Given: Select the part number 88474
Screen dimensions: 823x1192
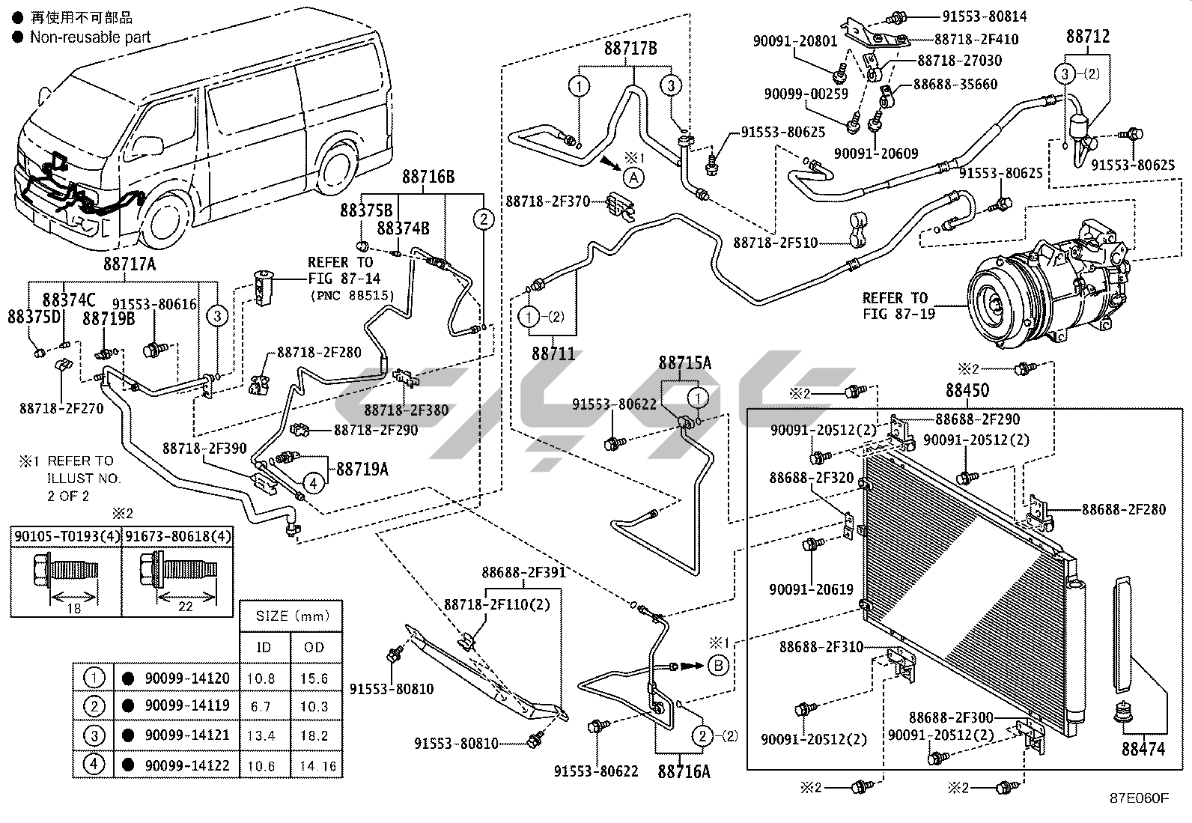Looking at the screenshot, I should [x=1143, y=748].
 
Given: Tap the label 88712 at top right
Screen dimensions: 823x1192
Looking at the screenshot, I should [x=1088, y=36].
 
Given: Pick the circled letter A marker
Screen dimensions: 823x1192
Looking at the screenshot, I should [x=633, y=177].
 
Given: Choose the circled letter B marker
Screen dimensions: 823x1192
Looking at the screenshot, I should [x=717, y=664].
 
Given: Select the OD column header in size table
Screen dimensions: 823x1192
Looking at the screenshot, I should [x=314, y=647].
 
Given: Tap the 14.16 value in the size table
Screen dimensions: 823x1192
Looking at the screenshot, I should [x=319, y=766].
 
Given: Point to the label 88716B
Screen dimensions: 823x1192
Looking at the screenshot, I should [x=428, y=177].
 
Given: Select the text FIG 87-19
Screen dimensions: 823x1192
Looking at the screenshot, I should [x=898, y=315].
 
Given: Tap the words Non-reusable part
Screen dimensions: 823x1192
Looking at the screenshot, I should [x=90, y=37].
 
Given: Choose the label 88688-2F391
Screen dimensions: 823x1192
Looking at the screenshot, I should [x=523, y=573].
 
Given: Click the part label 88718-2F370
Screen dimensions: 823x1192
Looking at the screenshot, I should [x=548, y=201].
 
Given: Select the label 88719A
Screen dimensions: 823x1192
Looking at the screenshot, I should [x=362, y=469].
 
